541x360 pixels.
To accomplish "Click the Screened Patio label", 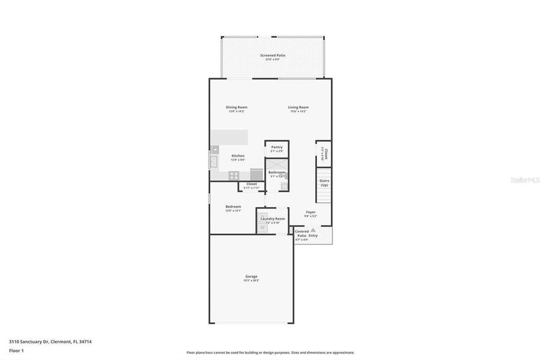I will tap(273, 55).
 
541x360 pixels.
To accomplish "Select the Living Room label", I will tap(298, 107).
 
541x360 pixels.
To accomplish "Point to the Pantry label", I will tap(277, 147).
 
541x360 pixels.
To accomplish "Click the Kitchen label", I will tap(238, 156).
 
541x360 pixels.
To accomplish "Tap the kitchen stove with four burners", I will tap(234, 176).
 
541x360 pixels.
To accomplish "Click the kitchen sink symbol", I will tap(214, 161).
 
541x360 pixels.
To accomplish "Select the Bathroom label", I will tap(277, 172).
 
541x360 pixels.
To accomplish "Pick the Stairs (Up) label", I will tap(324, 182).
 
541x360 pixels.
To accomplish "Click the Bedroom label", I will tap(233, 206).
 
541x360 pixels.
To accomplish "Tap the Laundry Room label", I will tap(273, 218).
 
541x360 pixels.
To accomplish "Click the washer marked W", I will tap(262, 227).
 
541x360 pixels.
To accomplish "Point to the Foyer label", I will tap(310, 212).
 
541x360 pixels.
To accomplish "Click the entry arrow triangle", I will tap(313, 230).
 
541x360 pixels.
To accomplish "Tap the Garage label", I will tap(251, 276).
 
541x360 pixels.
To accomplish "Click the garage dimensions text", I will tap(251, 280).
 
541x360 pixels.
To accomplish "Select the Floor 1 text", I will tap(16, 350).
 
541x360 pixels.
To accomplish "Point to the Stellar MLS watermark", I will tap(524, 180).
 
